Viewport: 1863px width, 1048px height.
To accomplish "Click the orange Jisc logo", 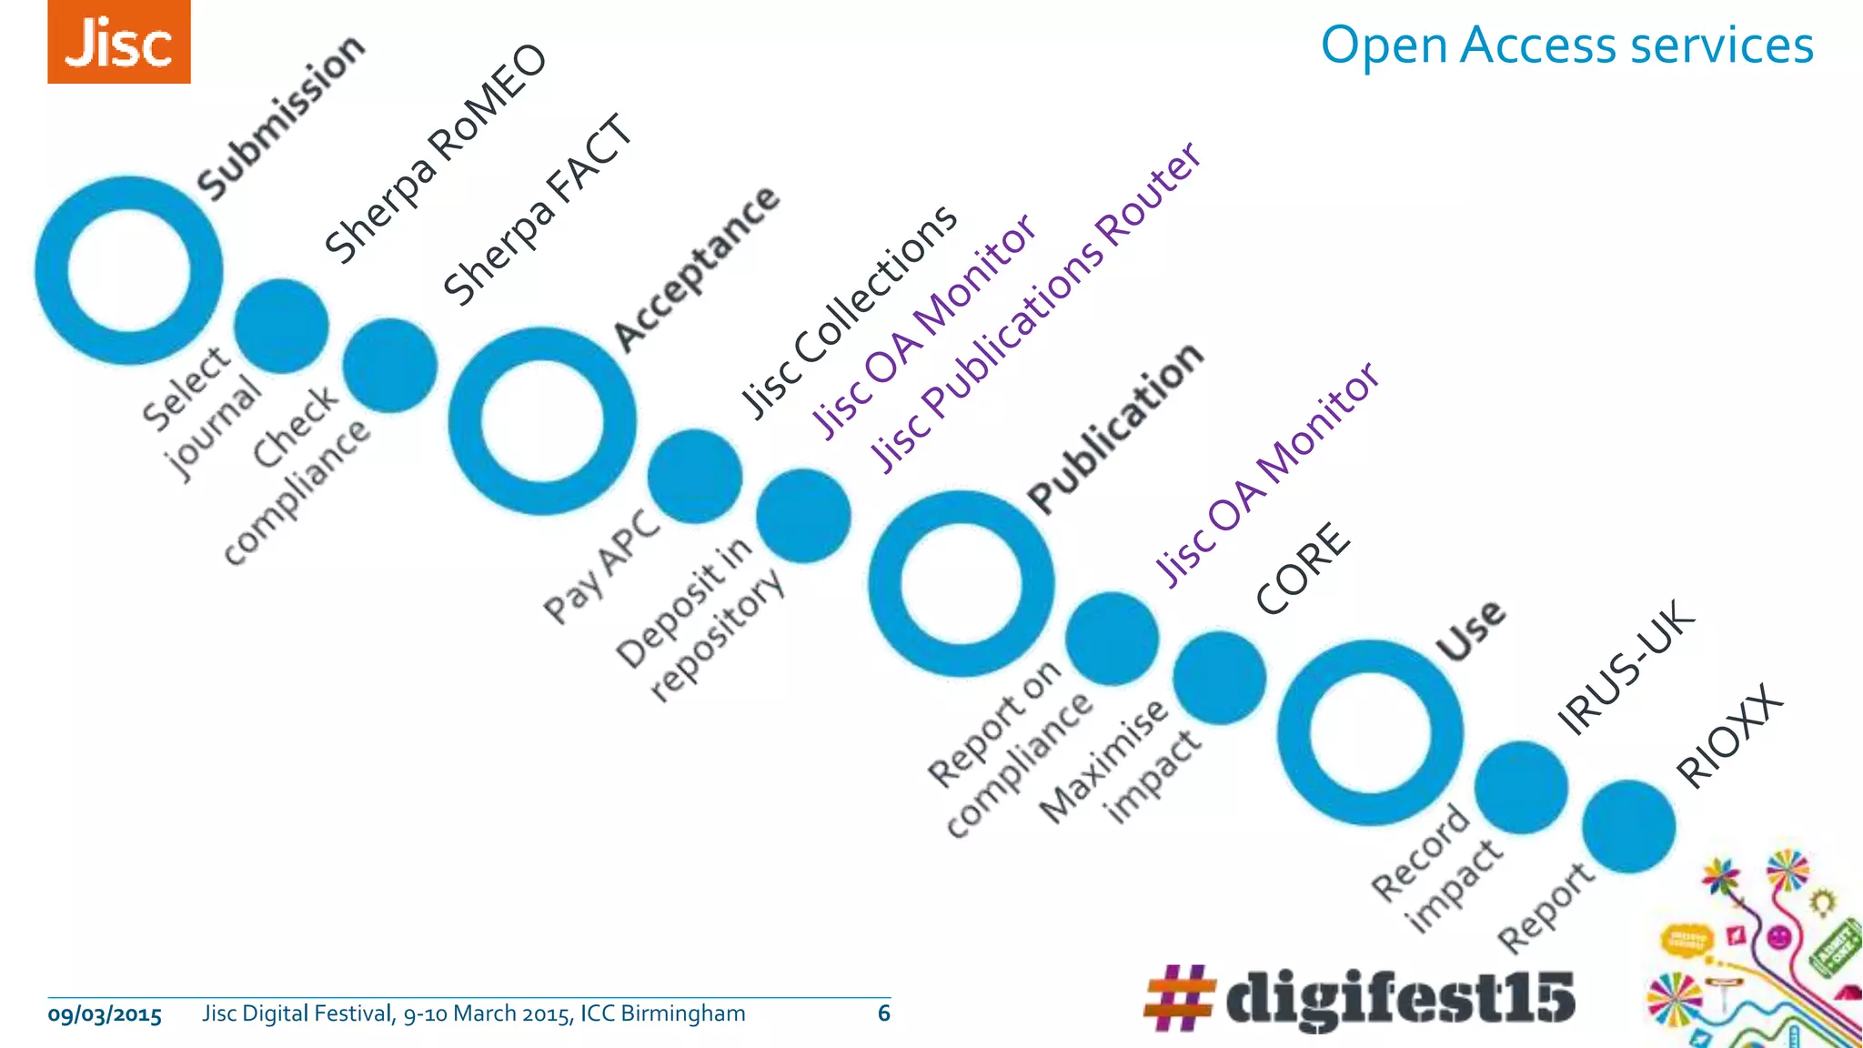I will point(119,42).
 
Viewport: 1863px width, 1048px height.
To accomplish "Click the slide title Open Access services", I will point(1566,45).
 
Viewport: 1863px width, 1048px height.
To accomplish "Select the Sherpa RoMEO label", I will point(436,155).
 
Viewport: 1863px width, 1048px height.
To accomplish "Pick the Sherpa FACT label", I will point(538,210).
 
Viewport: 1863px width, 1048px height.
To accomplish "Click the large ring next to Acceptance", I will point(542,422).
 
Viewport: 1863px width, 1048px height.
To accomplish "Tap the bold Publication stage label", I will point(1115,428).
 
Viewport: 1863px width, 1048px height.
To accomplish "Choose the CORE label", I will point(1303,569).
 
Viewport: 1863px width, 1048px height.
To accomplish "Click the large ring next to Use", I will point(1371,733).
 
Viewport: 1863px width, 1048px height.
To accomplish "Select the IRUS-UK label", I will point(1626,667).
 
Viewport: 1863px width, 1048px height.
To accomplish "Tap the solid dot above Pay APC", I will point(695,477).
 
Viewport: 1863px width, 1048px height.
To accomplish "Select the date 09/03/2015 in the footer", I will point(105,1014).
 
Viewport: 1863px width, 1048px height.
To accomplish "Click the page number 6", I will point(883,1013).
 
